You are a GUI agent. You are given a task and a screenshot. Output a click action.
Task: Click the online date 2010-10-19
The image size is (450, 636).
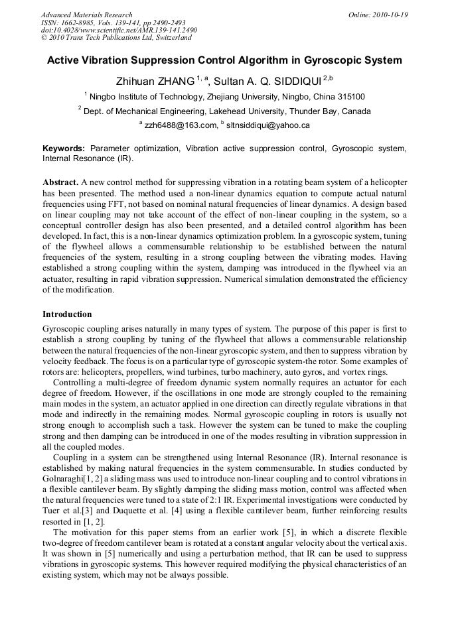[x=390, y=15]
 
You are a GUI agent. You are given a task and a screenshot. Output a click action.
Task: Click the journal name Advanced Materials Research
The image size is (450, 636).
[x=86, y=15]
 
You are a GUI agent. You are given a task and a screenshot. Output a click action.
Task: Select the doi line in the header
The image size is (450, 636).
[x=119, y=31]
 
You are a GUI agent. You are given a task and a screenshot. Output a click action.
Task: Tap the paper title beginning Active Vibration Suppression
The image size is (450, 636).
[x=224, y=60]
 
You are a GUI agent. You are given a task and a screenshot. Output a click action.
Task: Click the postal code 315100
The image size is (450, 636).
[x=348, y=97]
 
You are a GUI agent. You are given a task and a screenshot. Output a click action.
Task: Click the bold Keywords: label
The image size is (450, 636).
[x=64, y=149]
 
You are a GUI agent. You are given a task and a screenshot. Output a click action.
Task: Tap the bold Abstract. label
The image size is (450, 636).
[x=60, y=182]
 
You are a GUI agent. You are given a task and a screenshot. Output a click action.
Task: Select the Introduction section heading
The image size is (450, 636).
[x=67, y=314]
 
